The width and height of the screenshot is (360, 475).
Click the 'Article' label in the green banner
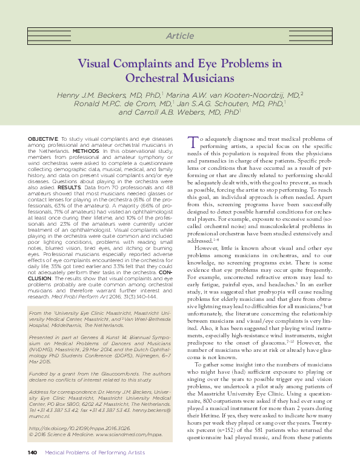179,36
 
